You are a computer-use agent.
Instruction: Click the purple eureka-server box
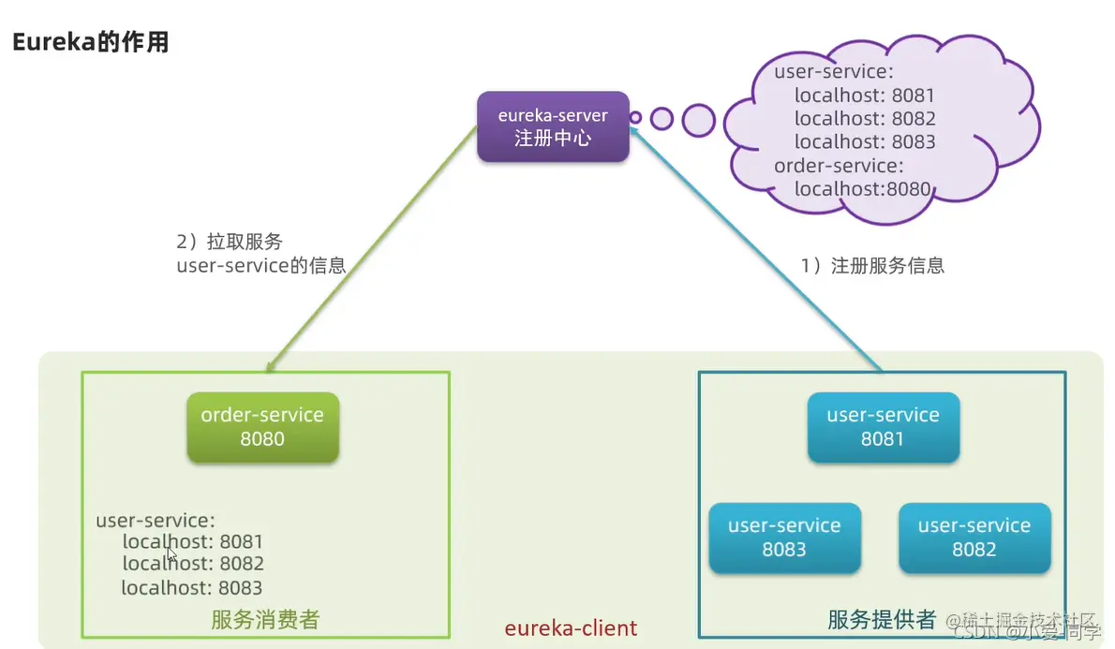point(553,126)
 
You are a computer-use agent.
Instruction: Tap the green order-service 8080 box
point(262,427)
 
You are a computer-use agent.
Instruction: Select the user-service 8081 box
point(883,427)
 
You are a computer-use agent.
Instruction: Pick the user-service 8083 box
point(784,538)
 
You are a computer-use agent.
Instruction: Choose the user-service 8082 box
point(974,538)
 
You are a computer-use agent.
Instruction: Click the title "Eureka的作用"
point(90,42)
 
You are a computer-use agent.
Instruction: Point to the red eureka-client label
point(571,627)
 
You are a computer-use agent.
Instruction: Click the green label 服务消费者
point(265,619)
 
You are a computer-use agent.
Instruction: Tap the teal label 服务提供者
point(882,619)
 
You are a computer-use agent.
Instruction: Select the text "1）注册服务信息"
point(872,265)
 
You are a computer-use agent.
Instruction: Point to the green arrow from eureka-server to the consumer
point(365,253)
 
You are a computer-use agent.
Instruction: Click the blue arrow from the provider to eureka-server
point(759,253)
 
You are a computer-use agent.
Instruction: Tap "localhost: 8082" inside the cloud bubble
point(864,119)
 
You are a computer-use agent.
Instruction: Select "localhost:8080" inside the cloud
point(862,189)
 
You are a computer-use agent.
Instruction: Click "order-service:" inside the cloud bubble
point(839,166)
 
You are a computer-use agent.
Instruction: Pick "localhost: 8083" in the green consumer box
point(192,588)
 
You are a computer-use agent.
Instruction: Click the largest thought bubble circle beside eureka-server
point(698,120)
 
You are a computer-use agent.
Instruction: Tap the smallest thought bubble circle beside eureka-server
point(635,118)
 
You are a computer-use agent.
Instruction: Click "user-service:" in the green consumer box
point(156,519)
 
